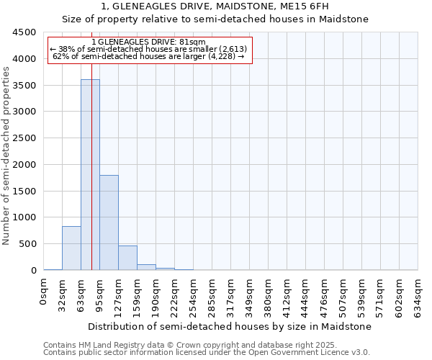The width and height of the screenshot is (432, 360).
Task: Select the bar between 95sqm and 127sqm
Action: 109,222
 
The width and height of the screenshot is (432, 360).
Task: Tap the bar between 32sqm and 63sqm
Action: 71,248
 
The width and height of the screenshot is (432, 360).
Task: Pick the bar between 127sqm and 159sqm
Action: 127,258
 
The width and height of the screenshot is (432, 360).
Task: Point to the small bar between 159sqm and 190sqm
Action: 146,267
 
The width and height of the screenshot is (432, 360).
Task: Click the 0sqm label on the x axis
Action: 44,293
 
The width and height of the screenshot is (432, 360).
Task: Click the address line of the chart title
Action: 215,6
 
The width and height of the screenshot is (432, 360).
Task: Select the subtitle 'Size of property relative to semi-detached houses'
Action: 215,19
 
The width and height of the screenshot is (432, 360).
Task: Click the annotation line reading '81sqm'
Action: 149,42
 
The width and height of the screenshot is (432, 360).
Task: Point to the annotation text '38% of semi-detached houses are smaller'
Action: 149,49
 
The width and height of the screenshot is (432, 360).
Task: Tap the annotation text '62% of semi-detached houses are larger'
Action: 149,56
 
